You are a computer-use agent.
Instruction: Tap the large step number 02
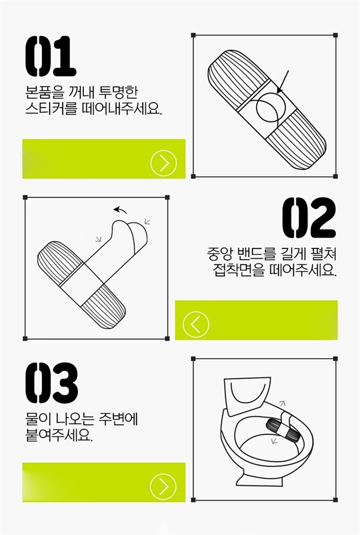(x=309, y=218)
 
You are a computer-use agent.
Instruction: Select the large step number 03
(x=51, y=383)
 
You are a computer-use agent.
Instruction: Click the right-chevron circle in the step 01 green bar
(x=164, y=163)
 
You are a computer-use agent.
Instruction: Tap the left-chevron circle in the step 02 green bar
(x=196, y=324)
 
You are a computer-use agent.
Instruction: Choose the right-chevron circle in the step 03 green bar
(x=163, y=486)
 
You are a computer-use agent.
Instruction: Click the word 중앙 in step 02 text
(x=219, y=254)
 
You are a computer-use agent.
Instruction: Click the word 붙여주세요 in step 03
(x=58, y=435)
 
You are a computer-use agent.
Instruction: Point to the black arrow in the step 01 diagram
(x=283, y=82)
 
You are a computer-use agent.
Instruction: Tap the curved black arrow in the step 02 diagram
(x=120, y=210)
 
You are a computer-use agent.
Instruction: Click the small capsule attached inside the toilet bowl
(x=283, y=429)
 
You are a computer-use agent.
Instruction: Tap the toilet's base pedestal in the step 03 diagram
(x=259, y=478)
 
